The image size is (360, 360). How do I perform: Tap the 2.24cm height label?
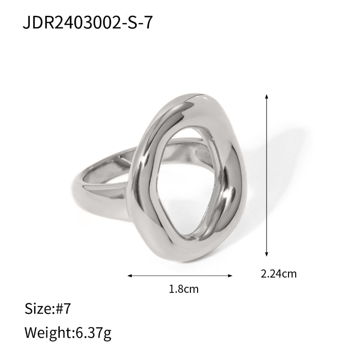(x=278, y=273)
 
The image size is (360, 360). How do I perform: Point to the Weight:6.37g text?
(x=67, y=333)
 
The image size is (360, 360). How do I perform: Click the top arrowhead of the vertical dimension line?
(x=267, y=96)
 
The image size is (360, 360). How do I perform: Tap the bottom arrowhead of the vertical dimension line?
(x=267, y=254)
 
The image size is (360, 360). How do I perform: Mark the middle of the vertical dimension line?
(x=267, y=175)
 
